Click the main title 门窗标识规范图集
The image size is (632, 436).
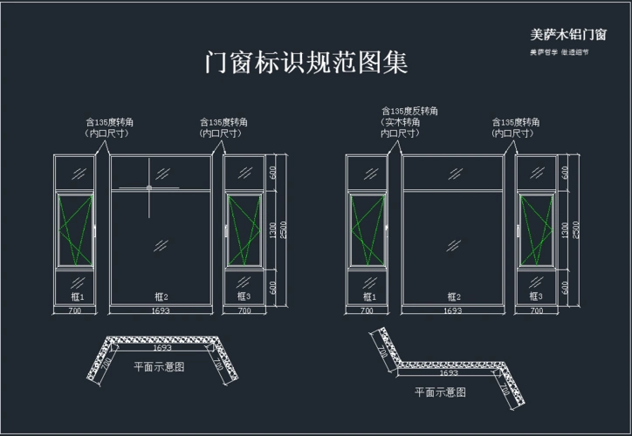click(306, 63)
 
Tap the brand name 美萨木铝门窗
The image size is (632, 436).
click(568, 35)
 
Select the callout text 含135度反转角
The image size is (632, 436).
click(409, 112)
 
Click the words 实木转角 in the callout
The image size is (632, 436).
click(402, 123)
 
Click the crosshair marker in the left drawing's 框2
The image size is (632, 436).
click(149, 187)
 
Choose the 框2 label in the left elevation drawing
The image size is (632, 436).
click(161, 297)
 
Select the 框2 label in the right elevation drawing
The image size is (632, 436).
click(452, 297)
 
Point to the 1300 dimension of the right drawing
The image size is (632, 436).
click(565, 230)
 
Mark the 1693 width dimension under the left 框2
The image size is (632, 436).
click(161, 310)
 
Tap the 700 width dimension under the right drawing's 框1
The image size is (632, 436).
click(367, 310)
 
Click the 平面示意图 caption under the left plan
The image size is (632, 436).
click(159, 367)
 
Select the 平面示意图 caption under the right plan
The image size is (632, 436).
click(440, 392)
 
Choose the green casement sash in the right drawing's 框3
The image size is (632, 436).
click(536, 229)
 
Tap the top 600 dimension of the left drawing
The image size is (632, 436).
click(272, 172)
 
